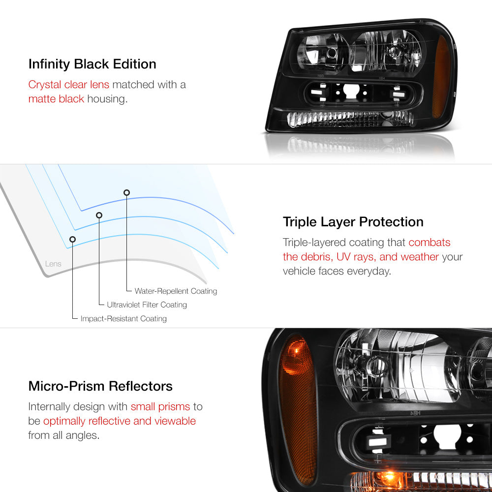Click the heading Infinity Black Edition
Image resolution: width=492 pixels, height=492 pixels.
pos(92,64)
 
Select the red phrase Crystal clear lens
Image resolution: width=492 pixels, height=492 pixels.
pos(69,85)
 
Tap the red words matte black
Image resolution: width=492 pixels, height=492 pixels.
pos(56,99)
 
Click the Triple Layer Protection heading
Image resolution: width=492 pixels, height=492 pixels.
pos(353,222)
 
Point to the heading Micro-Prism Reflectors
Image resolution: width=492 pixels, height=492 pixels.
pos(100,386)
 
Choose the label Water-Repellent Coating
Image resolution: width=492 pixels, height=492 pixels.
pos(176,291)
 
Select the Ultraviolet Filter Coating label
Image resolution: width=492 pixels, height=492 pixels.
pos(147,305)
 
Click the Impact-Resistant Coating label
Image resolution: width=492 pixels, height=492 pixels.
pos(123,318)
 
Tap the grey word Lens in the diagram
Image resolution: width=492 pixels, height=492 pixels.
pos(53,264)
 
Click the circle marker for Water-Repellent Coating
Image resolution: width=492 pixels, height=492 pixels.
pos(126,192)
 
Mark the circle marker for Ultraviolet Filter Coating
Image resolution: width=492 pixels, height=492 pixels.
pos(99,215)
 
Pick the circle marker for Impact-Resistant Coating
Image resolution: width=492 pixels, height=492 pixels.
pos(72,240)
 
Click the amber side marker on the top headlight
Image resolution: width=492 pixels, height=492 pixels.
pos(441,77)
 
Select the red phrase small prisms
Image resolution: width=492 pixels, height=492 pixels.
pos(160,407)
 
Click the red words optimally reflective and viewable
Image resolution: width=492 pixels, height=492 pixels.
pos(120,421)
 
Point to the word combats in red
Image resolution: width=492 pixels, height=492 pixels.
pos(429,242)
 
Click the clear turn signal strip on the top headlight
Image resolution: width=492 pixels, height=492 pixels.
pos(350,119)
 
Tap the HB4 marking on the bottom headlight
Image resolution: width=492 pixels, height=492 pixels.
pos(415,413)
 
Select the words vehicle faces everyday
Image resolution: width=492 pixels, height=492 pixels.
pos(337,271)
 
